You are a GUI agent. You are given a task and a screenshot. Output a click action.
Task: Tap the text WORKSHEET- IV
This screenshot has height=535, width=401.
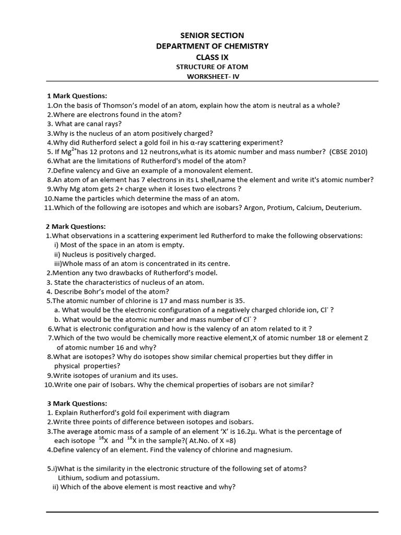pyautogui.click(x=212, y=76)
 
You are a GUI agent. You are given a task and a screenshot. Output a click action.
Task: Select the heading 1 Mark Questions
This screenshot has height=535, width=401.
pyautogui.click(x=77, y=96)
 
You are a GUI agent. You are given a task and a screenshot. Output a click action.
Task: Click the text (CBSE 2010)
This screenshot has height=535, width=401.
pyautogui.click(x=348, y=152)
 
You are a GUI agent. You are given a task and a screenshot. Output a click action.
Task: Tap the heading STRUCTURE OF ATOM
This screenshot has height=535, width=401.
pyautogui.click(x=212, y=67)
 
